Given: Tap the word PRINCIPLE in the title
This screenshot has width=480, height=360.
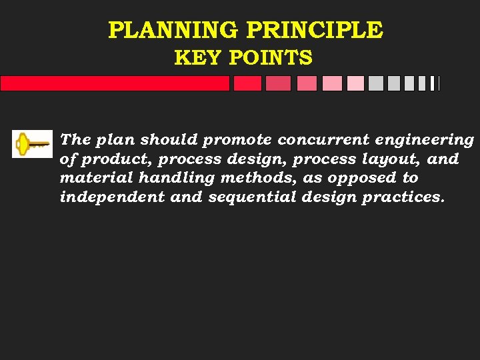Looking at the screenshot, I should pyautogui.click(x=315, y=30).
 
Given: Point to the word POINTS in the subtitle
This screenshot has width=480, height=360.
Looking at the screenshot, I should pyautogui.click(x=270, y=59).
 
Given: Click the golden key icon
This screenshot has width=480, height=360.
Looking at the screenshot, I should pyautogui.click(x=32, y=143).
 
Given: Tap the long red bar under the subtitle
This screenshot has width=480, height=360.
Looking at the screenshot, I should pyautogui.click(x=115, y=83).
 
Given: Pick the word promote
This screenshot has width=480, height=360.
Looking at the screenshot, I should pyautogui.click(x=237, y=140).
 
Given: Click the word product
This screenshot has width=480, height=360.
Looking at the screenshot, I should pyautogui.click(x=101, y=159).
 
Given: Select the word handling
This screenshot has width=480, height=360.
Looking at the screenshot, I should pyautogui.click(x=161, y=178).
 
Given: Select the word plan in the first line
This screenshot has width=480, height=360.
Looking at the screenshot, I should pyautogui.click(x=116, y=140).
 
